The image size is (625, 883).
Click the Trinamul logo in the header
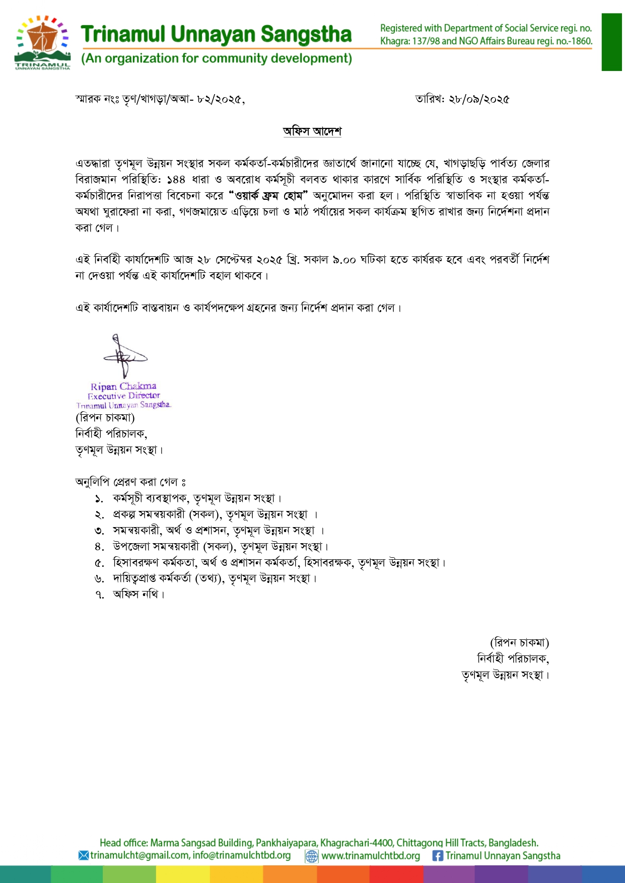[x=42, y=43]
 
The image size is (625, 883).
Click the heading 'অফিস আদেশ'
[x=312, y=131]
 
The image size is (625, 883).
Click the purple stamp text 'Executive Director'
[x=124, y=396]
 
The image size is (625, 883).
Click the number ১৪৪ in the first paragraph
[x=176, y=179]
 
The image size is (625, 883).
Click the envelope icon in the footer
[x=84, y=855]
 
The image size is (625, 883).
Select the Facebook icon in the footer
[x=438, y=855]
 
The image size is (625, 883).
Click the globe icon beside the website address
[x=312, y=856]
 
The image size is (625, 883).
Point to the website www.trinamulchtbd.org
[x=371, y=855]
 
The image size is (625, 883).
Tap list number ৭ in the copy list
[x=99, y=595]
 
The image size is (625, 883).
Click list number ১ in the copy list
[x=99, y=498]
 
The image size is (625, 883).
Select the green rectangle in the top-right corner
[x=611, y=42]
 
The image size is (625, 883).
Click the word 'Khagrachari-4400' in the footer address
[x=357, y=842]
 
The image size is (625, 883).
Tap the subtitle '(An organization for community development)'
[x=217, y=58]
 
